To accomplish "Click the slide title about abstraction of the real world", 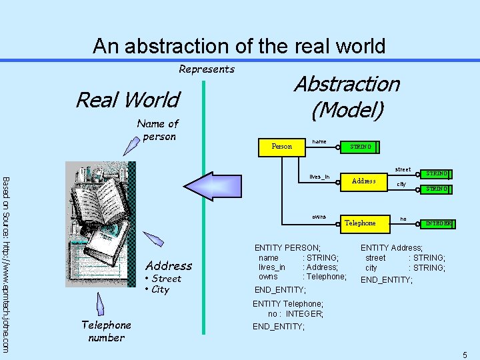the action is click(x=239, y=46).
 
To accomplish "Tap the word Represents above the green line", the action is click(x=207, y=69).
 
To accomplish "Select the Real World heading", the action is click(x=127, y=100).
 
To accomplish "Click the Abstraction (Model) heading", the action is click(x=347, y=97).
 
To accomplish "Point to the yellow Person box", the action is click(x=281, y=146).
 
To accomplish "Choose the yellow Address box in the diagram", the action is click(x=364, y=181).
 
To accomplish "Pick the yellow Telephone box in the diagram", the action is click(x=360, y=223).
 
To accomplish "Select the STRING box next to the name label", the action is click(x=360, y=147).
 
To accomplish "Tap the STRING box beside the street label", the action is click(x=437, y=174).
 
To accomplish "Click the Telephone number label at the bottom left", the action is click(x=106, y=331).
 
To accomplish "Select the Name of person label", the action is click(x=158, y=130).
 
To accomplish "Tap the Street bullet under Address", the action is click(x=163, y=279).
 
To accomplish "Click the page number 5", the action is click(x=465, y=355).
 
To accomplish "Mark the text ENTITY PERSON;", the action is click(x=287, y=247).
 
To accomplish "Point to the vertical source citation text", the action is click(x=6, y=263).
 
